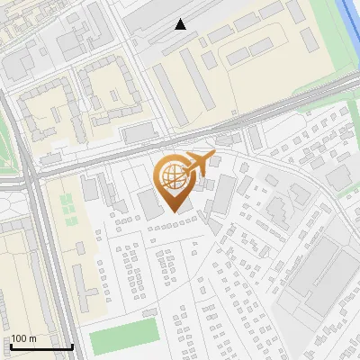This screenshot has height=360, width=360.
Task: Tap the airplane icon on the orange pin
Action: tap(197, 163)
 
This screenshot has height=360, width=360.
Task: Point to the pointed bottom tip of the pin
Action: tap(175, 211)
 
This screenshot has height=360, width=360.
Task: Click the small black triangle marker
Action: tap(181, 24)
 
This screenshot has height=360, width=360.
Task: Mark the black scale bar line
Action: tap(40, 346)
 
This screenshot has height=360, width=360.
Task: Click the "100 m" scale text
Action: tap(24, 338)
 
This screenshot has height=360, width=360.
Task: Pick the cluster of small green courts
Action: tap(67, 208)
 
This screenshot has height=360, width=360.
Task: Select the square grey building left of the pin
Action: tap(148, 203)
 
